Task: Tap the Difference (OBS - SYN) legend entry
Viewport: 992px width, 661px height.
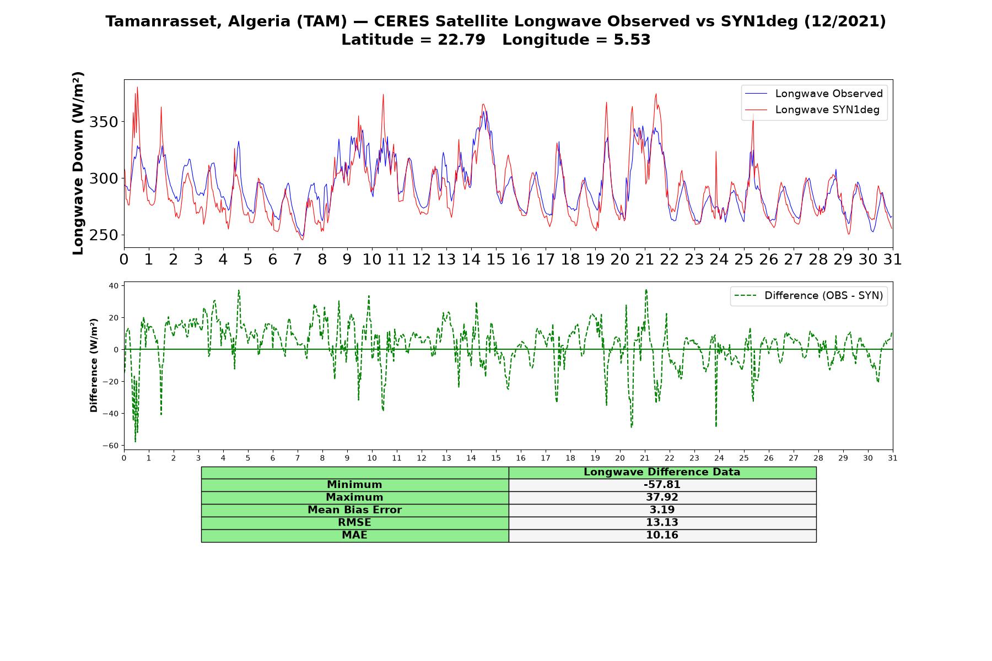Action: (808, 296)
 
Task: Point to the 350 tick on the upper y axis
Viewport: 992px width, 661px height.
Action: (104, 122)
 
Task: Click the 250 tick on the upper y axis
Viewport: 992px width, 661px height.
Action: (104, 235)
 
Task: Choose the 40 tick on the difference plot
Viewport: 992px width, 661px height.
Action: (114, 285)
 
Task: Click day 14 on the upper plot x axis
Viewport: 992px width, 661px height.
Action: (471, 259)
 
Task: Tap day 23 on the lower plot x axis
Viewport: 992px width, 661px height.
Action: (694, 458)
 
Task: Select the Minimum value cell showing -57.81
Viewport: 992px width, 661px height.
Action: (662, 485)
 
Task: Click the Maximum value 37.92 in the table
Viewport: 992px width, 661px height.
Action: (662, 497)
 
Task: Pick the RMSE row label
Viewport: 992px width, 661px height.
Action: (355, 523)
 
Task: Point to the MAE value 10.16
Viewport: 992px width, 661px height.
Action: (662, 535)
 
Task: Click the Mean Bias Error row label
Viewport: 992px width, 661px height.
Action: (355, 510)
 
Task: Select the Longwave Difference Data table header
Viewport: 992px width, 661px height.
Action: (662, 472)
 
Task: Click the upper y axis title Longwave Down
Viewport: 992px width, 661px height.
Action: (78, 163)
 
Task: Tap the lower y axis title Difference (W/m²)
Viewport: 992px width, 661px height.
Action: (94, 365)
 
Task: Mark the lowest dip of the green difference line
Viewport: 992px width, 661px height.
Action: (135, 442)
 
